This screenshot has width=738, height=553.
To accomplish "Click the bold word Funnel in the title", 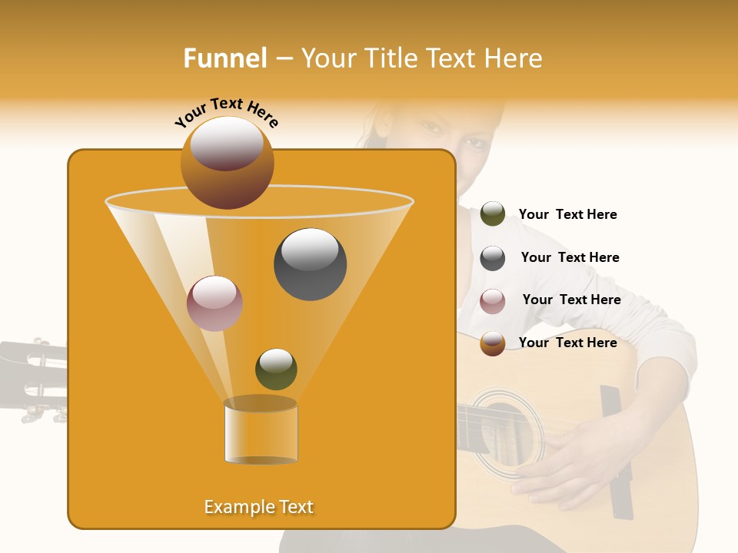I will click(x=224, y=58).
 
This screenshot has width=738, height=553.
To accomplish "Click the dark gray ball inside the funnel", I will click(x=310, y=263).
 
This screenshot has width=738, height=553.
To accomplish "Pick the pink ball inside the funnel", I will click(x=214, y=303).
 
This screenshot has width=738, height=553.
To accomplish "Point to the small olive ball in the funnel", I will click(x=276, y=369).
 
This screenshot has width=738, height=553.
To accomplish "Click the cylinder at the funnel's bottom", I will click(x=261, y=432).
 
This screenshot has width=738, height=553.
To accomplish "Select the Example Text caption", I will click(x=258, y=507).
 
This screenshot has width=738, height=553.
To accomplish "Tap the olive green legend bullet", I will click(x=493, y=214).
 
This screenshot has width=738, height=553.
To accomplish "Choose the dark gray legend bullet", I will click(x=493, y=258).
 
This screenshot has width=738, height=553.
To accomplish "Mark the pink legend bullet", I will click(x=493, y=301).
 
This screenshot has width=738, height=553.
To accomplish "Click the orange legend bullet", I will click(x=493, y=343).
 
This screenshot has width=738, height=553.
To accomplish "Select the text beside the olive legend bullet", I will click(x=567, y=214).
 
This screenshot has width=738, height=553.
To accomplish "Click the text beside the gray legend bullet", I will click(x=570, y=257).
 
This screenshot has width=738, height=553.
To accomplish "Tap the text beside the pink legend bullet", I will click(x=571, y=300).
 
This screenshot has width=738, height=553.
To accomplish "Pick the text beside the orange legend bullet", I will click(x=567, y=343).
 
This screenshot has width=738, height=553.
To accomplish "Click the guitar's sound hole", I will click(x=504, y=433).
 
